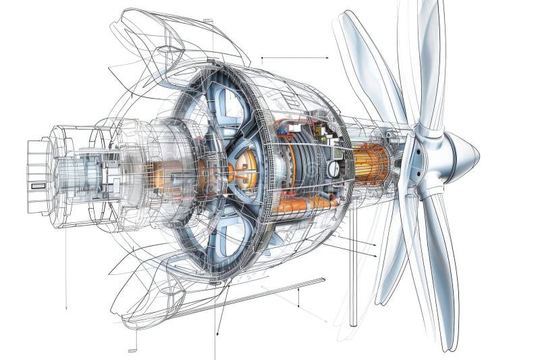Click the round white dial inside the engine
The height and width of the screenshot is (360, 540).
coord(333,169)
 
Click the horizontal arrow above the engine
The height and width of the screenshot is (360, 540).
coord(295,58)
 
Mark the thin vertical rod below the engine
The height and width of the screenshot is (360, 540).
coord(352,284)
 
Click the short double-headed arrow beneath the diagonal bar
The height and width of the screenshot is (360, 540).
coord(298,297)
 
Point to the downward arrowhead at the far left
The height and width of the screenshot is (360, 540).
coord(66,307)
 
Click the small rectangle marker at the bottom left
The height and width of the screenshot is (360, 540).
coord(132,350)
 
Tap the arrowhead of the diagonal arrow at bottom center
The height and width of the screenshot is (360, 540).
coord(217,334)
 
